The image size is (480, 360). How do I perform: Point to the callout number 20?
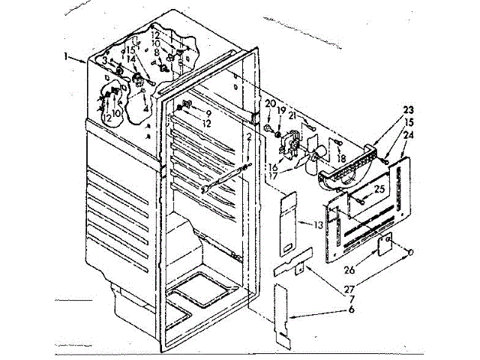click(270, 103)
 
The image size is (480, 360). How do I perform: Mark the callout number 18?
click(342, 160)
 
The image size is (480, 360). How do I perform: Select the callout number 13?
click(319, 224)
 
